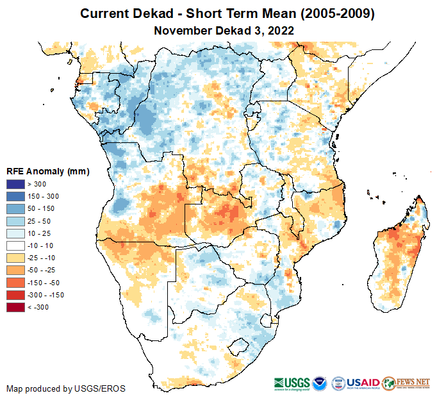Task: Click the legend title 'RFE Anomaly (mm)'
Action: pos(47,172)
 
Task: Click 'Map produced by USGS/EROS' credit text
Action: pos(65,388)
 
